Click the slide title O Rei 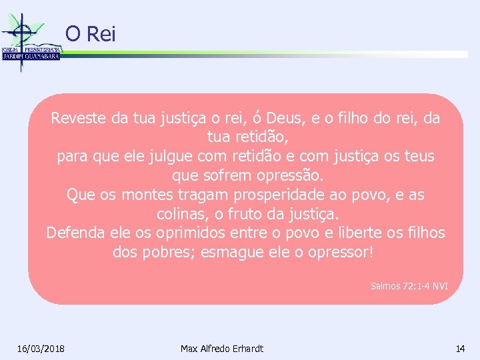tap(90, 33)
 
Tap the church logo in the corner tap(30, 40)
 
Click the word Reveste tap(79, 119)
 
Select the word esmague tap(229, 253)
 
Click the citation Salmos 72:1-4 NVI tap(409, 286)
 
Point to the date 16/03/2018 tap(41, 349)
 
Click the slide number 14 tap(460, 349)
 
